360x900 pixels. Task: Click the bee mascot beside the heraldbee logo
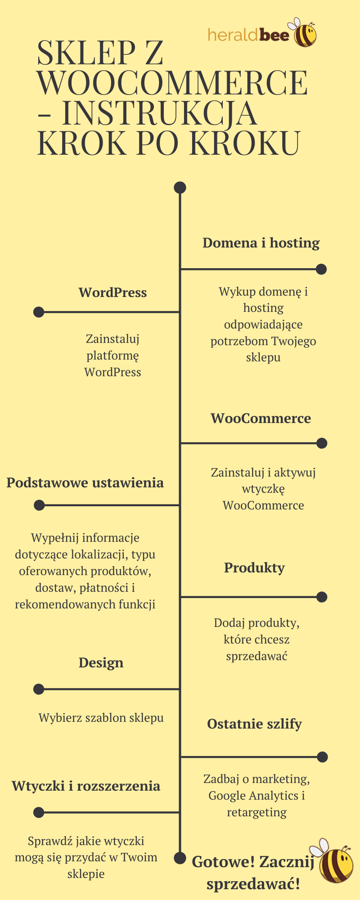[305, 33]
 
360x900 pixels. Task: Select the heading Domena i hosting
[261, 243]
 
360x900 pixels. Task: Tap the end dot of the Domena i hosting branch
[321, 269]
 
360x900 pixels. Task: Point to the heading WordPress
[112, 292]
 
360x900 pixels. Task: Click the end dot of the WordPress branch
[39, 312]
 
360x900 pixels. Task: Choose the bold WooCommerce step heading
[261, 418]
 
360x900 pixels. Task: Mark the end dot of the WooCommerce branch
[322, 443]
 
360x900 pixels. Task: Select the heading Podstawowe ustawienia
[85, 483]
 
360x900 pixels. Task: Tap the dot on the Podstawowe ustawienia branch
[39, 505]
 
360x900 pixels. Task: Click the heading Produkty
[254, 568]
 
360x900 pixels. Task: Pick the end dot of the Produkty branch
[322, 597]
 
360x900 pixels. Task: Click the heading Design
[101, 663]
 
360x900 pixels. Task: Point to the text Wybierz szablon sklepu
[101, 718]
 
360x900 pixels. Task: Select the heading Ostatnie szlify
[254, 724]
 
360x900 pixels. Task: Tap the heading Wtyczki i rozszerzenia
[86, 786]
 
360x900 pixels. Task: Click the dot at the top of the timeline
[180, 188]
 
